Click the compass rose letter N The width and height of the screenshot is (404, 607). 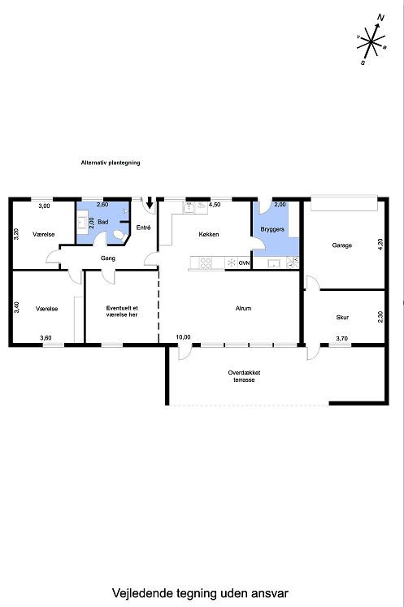[x=380, y=17]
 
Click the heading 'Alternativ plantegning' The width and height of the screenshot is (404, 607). [x=111, y=163]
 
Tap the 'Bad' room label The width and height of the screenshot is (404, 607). [x=103, y=221]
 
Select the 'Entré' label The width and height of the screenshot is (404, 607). [x=144, y=228]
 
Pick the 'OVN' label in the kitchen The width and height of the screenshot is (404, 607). [x=244, y=263]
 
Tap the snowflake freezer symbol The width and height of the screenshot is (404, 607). [x=231, y=262]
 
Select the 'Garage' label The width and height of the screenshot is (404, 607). [x=341, y=245]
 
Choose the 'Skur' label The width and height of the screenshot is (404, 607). [x=342, y=317]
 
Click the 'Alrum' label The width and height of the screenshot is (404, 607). [x=243, y=309]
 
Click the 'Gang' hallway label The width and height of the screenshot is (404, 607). [x=107, y=258]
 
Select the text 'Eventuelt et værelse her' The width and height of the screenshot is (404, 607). [x=122, y=311]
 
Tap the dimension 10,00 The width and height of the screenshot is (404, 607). [x=183, y=337]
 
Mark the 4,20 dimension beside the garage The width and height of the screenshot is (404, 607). [x=380, y=243]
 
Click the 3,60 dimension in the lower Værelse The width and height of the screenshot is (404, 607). [x=46, y=338]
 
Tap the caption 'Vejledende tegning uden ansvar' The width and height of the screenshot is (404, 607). [x=201, y=594]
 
